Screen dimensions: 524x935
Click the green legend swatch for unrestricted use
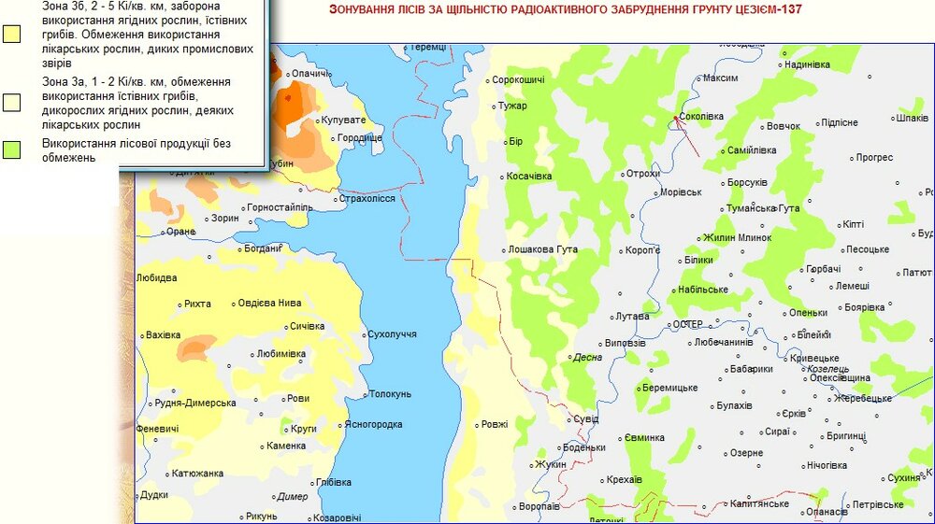click(12, 150)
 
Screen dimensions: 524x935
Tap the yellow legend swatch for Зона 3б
click(12, 35)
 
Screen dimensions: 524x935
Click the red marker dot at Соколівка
click(675, 117)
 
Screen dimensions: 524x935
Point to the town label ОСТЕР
click(687, 324)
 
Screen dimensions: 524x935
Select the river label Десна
click(585, 357)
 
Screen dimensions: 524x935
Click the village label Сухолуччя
click(393, 333)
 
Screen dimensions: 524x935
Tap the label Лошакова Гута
click(542, 249)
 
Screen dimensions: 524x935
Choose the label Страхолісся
click(367, 198)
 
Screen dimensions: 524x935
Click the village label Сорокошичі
click(518, 80)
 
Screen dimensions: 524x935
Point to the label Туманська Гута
click(763, 207)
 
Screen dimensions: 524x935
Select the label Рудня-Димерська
click(195, 403)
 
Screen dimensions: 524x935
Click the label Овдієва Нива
click(269, 303)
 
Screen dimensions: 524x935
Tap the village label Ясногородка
click(373, 424)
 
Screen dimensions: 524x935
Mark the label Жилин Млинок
click(737, 236)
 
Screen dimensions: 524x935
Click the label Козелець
click(802, 368)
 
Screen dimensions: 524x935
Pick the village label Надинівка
click(807, 64)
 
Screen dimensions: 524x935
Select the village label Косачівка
click(529, 176)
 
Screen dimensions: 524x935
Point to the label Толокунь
click(390, 393)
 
